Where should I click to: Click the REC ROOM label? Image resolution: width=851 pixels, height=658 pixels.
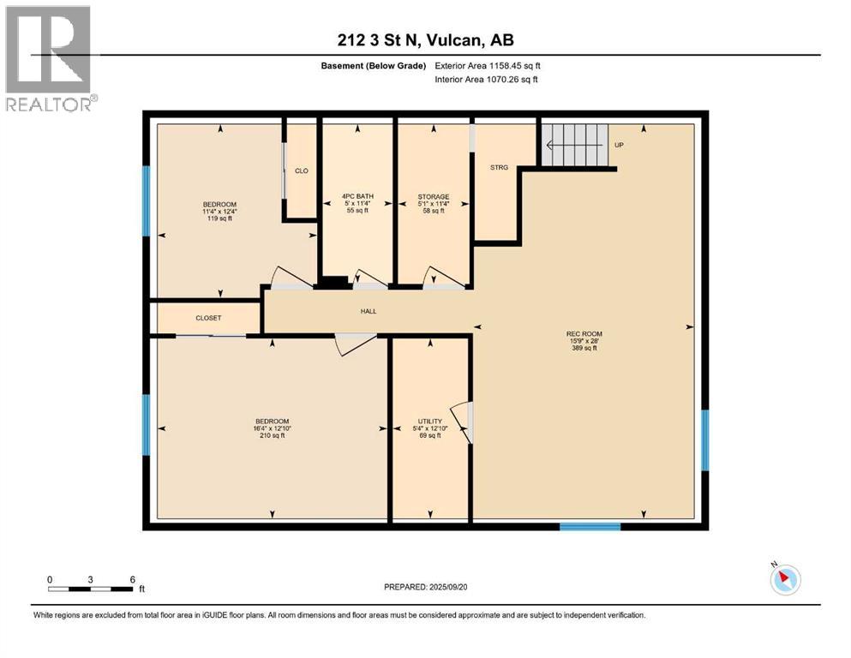click(582, 334)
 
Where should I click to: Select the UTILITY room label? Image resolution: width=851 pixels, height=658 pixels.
click(429, 422)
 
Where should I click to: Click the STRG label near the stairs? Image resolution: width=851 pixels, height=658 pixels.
click(499, 168)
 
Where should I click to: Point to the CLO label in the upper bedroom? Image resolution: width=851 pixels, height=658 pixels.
click(301, 170)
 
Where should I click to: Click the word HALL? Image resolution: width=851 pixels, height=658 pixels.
click(369, 312)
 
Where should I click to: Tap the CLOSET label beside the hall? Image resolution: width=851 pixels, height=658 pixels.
click(208, 318)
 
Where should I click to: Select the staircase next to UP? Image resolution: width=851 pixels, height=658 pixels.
click(574, 144)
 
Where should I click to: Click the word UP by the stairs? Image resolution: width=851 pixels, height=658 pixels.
click(619, 145)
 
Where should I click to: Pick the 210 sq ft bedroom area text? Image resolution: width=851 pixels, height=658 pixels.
click(272, 435)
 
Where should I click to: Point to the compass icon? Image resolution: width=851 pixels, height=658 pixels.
click(784, 579)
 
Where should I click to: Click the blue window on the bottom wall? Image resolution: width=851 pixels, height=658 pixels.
click(590, 526)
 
